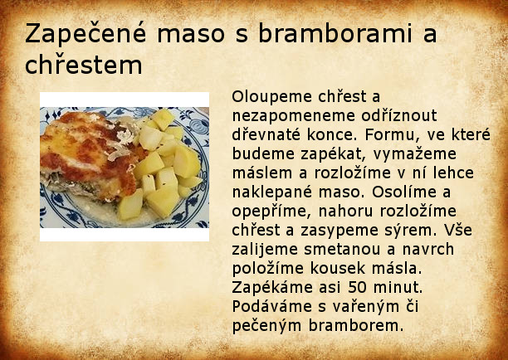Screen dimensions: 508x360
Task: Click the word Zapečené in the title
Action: (85, 33)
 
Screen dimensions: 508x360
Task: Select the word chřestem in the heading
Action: (84, 65)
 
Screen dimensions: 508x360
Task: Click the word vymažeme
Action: (415, 154)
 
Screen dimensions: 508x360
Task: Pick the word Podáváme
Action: (272, 307)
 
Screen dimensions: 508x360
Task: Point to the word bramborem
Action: (356, 325)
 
